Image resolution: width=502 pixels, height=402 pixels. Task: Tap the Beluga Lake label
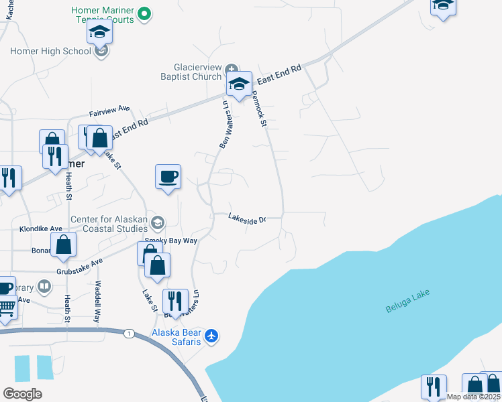(407, 301)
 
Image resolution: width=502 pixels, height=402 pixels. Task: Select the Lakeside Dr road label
(247, 218)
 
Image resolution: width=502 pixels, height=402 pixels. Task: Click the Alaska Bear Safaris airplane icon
(212, 335)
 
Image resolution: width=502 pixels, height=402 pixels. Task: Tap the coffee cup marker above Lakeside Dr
(168, 177)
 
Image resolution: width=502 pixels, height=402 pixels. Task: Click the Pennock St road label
(260, 109)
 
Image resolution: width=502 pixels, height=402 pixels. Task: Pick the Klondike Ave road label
(32, 228)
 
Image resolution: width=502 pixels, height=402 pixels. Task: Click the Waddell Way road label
(97, 301)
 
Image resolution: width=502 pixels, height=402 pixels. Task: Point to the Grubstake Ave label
(79, 266)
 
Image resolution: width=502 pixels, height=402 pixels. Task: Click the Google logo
(22, 394)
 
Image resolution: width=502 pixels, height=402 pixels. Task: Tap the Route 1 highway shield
(128, 332)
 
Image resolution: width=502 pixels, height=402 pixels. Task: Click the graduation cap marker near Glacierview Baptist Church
(238, 84)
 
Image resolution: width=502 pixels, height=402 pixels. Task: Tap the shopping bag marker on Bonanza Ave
(64, 245)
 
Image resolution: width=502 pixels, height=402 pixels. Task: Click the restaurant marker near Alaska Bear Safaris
(174, 301)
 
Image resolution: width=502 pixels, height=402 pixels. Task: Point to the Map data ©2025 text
(473, 397)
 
